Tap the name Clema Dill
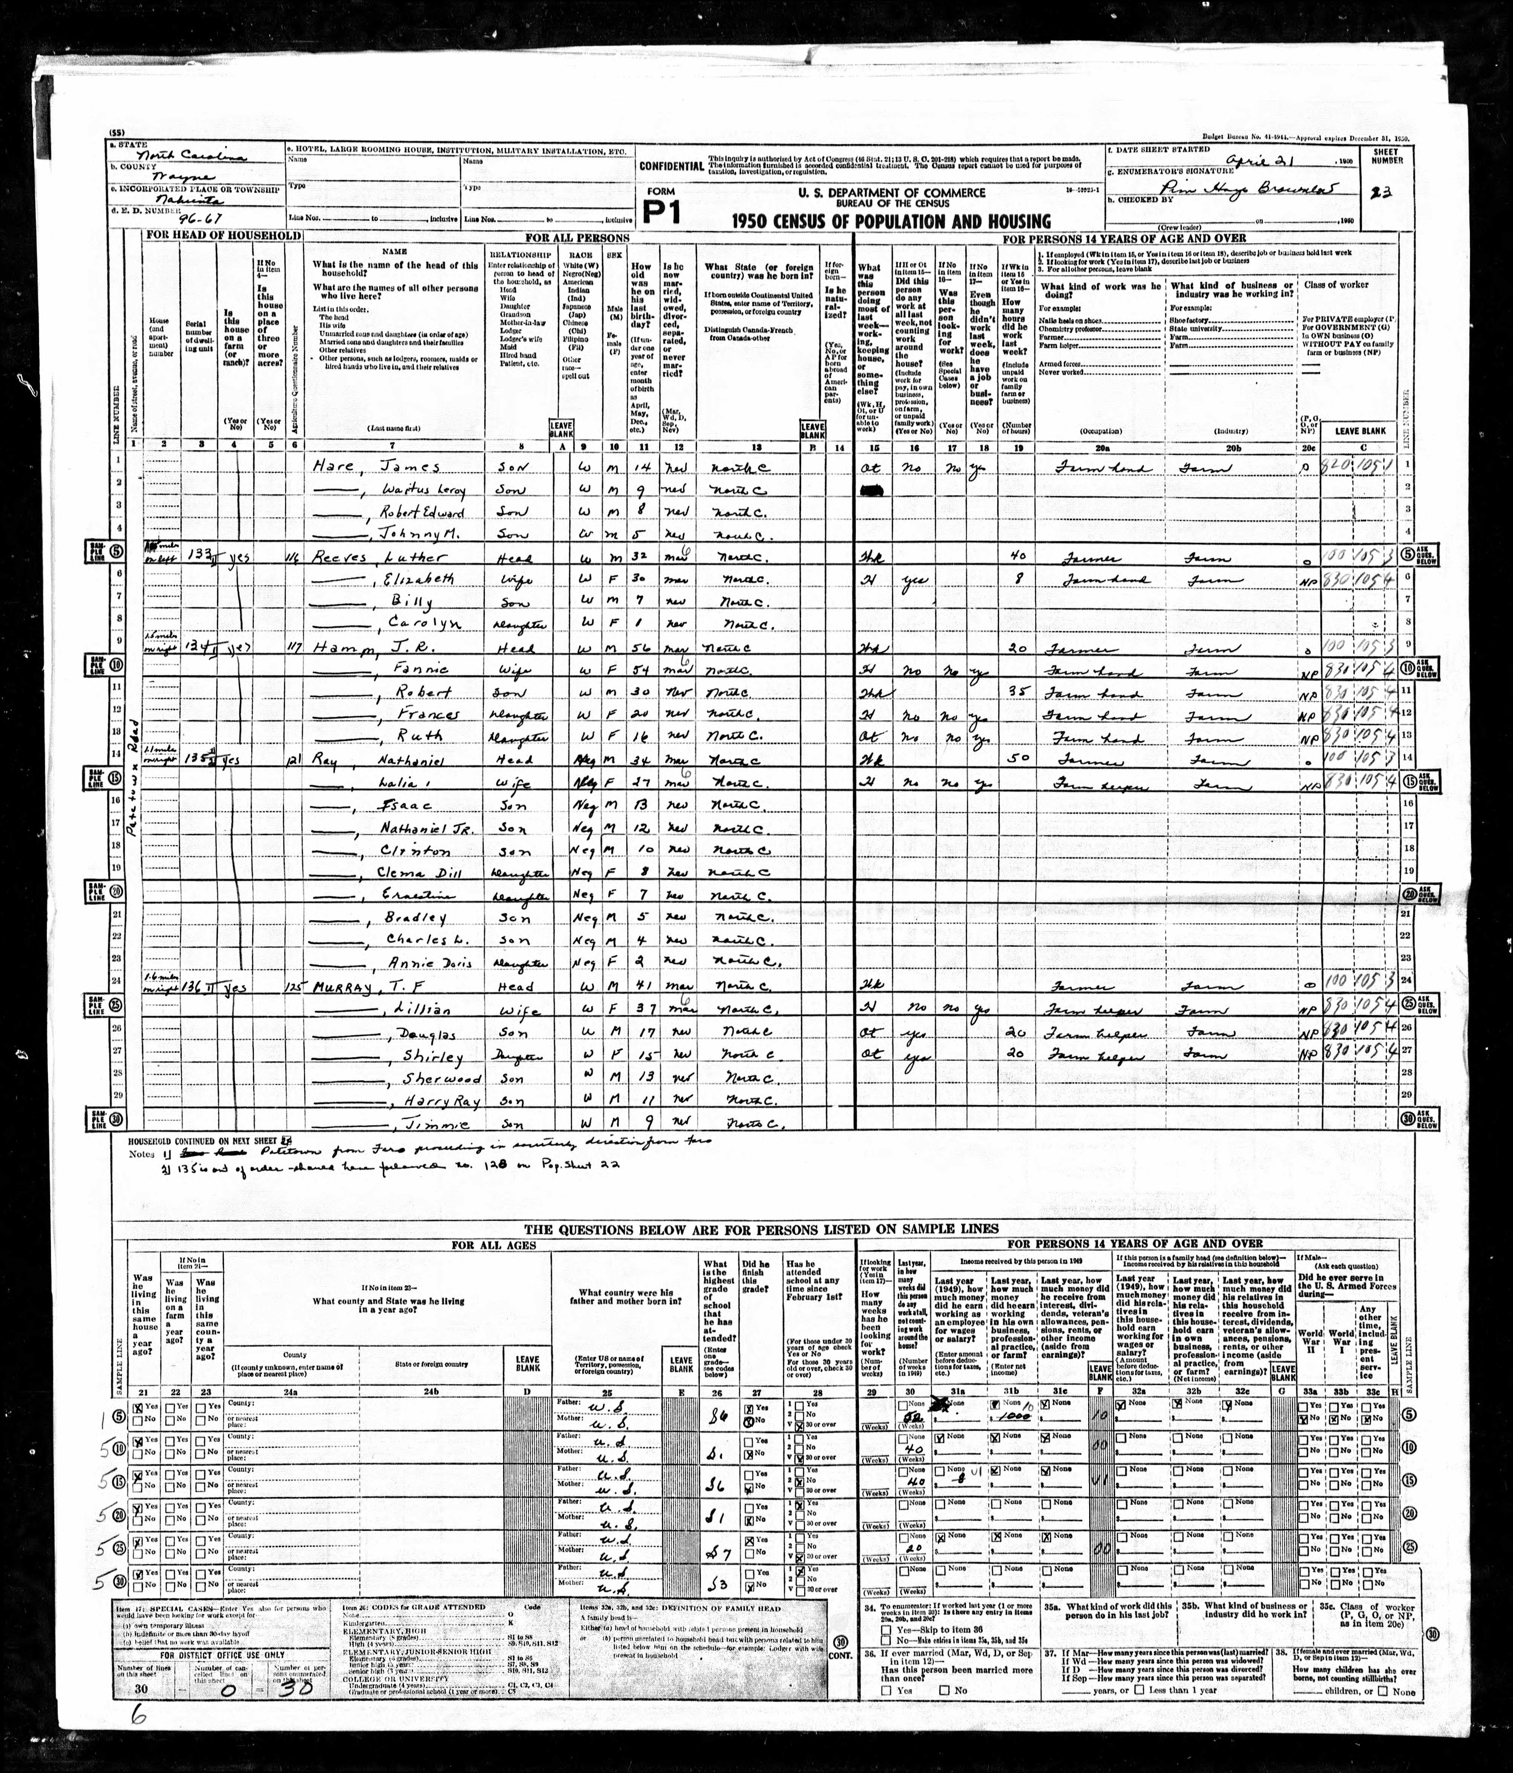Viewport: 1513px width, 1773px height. tap(419, 873)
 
